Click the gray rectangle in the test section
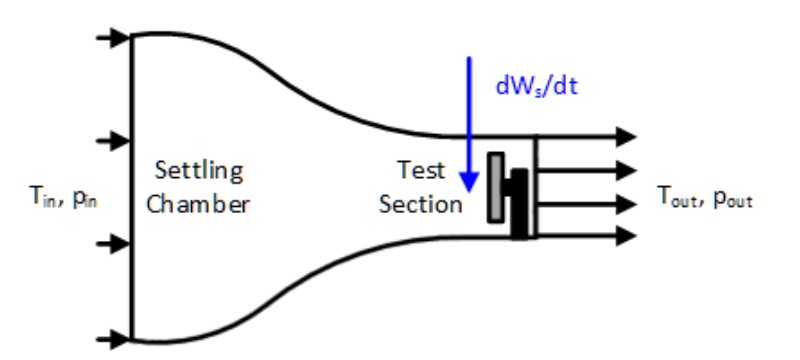tap(495, 187)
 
